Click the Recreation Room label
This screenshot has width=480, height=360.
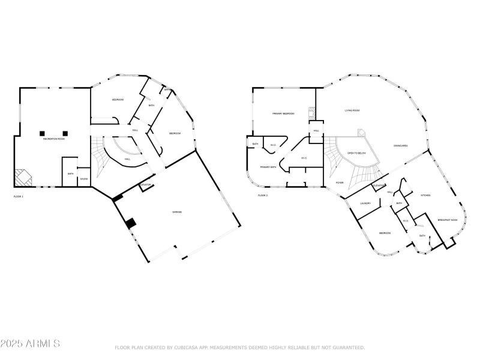53,139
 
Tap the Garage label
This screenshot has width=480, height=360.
178,212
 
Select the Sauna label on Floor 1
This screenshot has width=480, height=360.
84,179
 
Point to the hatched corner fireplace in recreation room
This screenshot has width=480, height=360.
23,177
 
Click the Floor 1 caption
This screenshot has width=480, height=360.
19,196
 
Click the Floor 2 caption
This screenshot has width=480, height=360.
263,196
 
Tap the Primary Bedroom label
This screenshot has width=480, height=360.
283,113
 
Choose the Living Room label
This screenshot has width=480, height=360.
352,110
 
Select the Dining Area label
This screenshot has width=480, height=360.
401,146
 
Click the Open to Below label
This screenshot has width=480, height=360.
356,154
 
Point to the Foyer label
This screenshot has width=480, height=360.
340,182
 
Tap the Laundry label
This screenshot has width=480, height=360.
365,203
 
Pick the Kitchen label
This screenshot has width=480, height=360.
425,195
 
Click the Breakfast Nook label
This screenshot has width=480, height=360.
448,220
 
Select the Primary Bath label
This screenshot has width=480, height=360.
268,167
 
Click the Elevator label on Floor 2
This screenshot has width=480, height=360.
379,186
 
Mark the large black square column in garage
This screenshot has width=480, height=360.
130,223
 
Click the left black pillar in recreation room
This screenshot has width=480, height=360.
43,133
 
